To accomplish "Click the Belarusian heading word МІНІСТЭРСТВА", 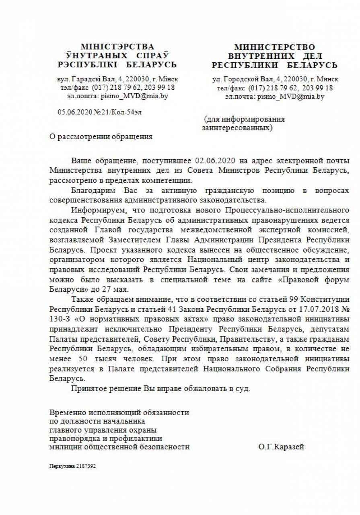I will click(117, 47).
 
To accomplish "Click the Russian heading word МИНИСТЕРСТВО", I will click(275, 47).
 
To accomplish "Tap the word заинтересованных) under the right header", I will click(237, 128).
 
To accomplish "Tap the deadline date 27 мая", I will click(117, 289).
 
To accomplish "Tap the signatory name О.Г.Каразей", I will click(281, 447).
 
